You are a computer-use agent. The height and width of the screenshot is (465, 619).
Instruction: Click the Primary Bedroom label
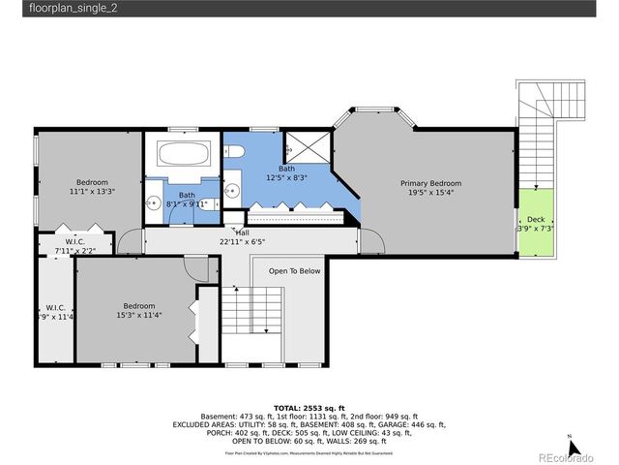tap(431, 183)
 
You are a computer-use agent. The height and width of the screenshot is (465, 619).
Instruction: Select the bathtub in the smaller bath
tap(182, 155)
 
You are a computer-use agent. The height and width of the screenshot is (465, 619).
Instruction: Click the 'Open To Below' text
tap(294, 271)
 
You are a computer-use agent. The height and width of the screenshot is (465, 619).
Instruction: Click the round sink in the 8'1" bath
tap(153, 203)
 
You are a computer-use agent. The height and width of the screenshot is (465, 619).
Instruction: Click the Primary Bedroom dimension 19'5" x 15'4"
tap(431, 193)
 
